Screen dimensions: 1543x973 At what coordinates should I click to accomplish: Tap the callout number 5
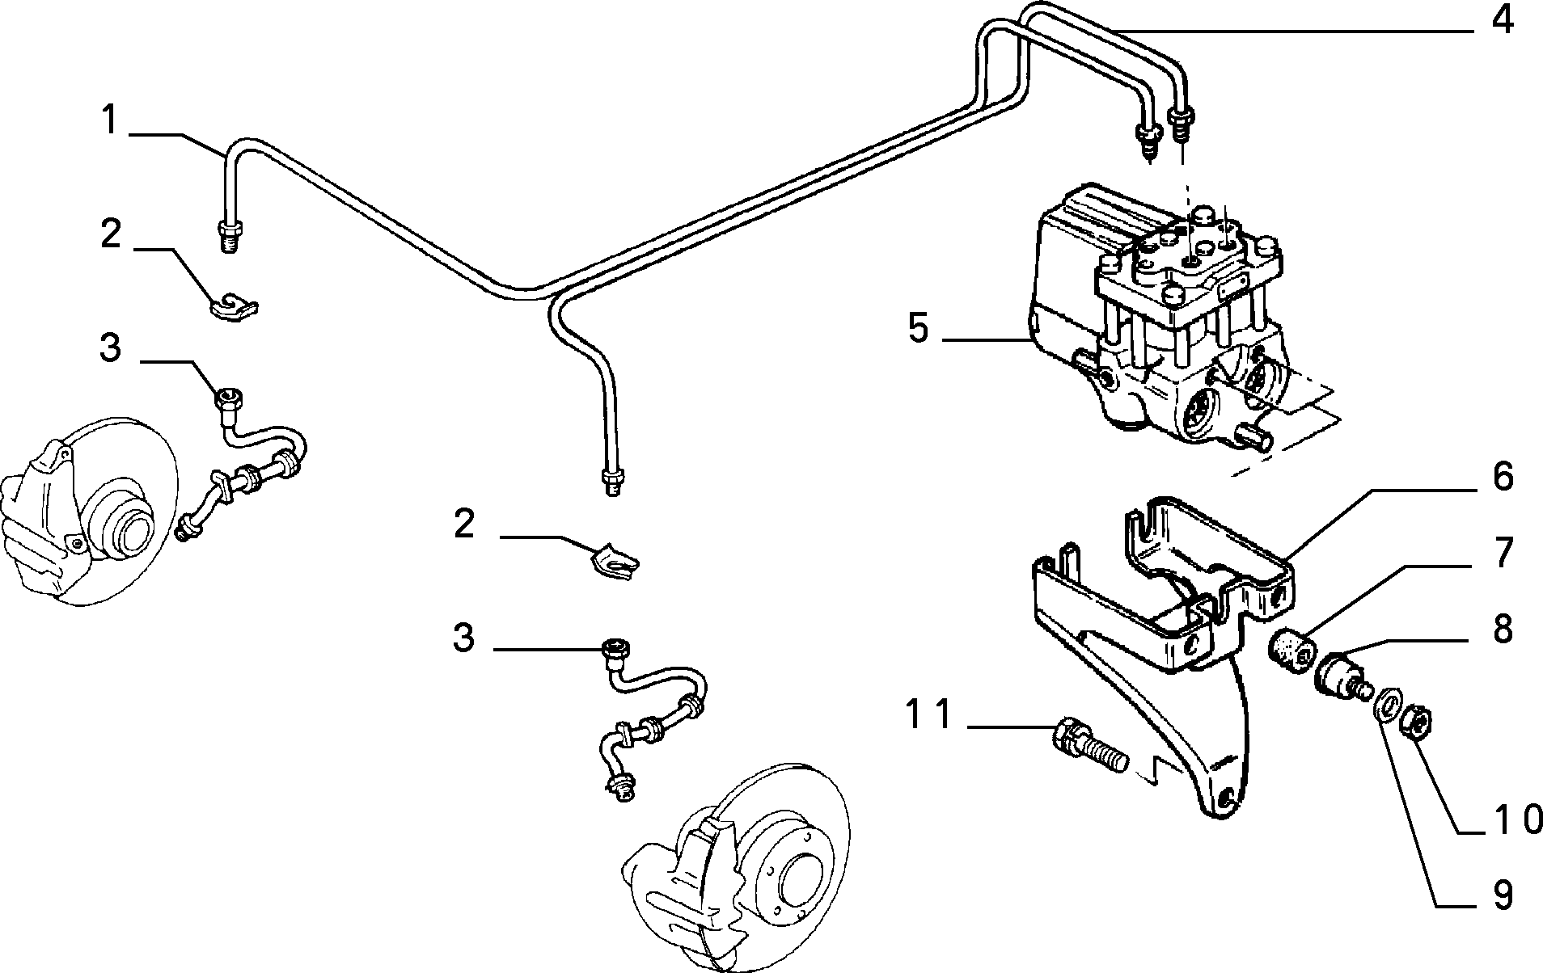(919, 329)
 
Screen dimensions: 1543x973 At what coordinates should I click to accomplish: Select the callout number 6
(1503, 477)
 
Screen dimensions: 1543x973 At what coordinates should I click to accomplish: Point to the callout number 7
(1503, 554)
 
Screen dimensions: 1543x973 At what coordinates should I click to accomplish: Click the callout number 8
(1503, 630)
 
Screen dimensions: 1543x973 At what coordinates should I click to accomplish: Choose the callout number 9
(1503, 896)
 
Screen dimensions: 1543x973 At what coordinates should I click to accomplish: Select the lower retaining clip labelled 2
(613, 559)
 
